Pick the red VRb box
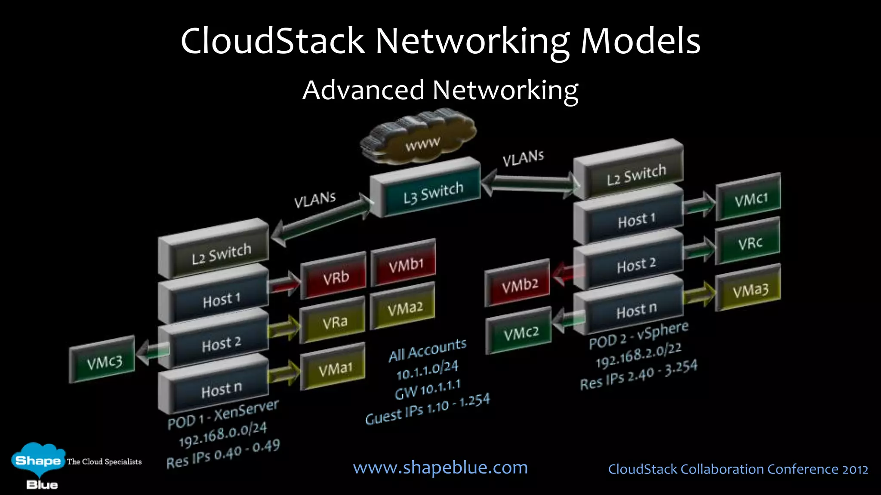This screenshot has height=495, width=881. (x=334, y=277)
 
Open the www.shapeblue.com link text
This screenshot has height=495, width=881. (x=440, y=467)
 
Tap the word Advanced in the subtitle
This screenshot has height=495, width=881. (x=363, y=90)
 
